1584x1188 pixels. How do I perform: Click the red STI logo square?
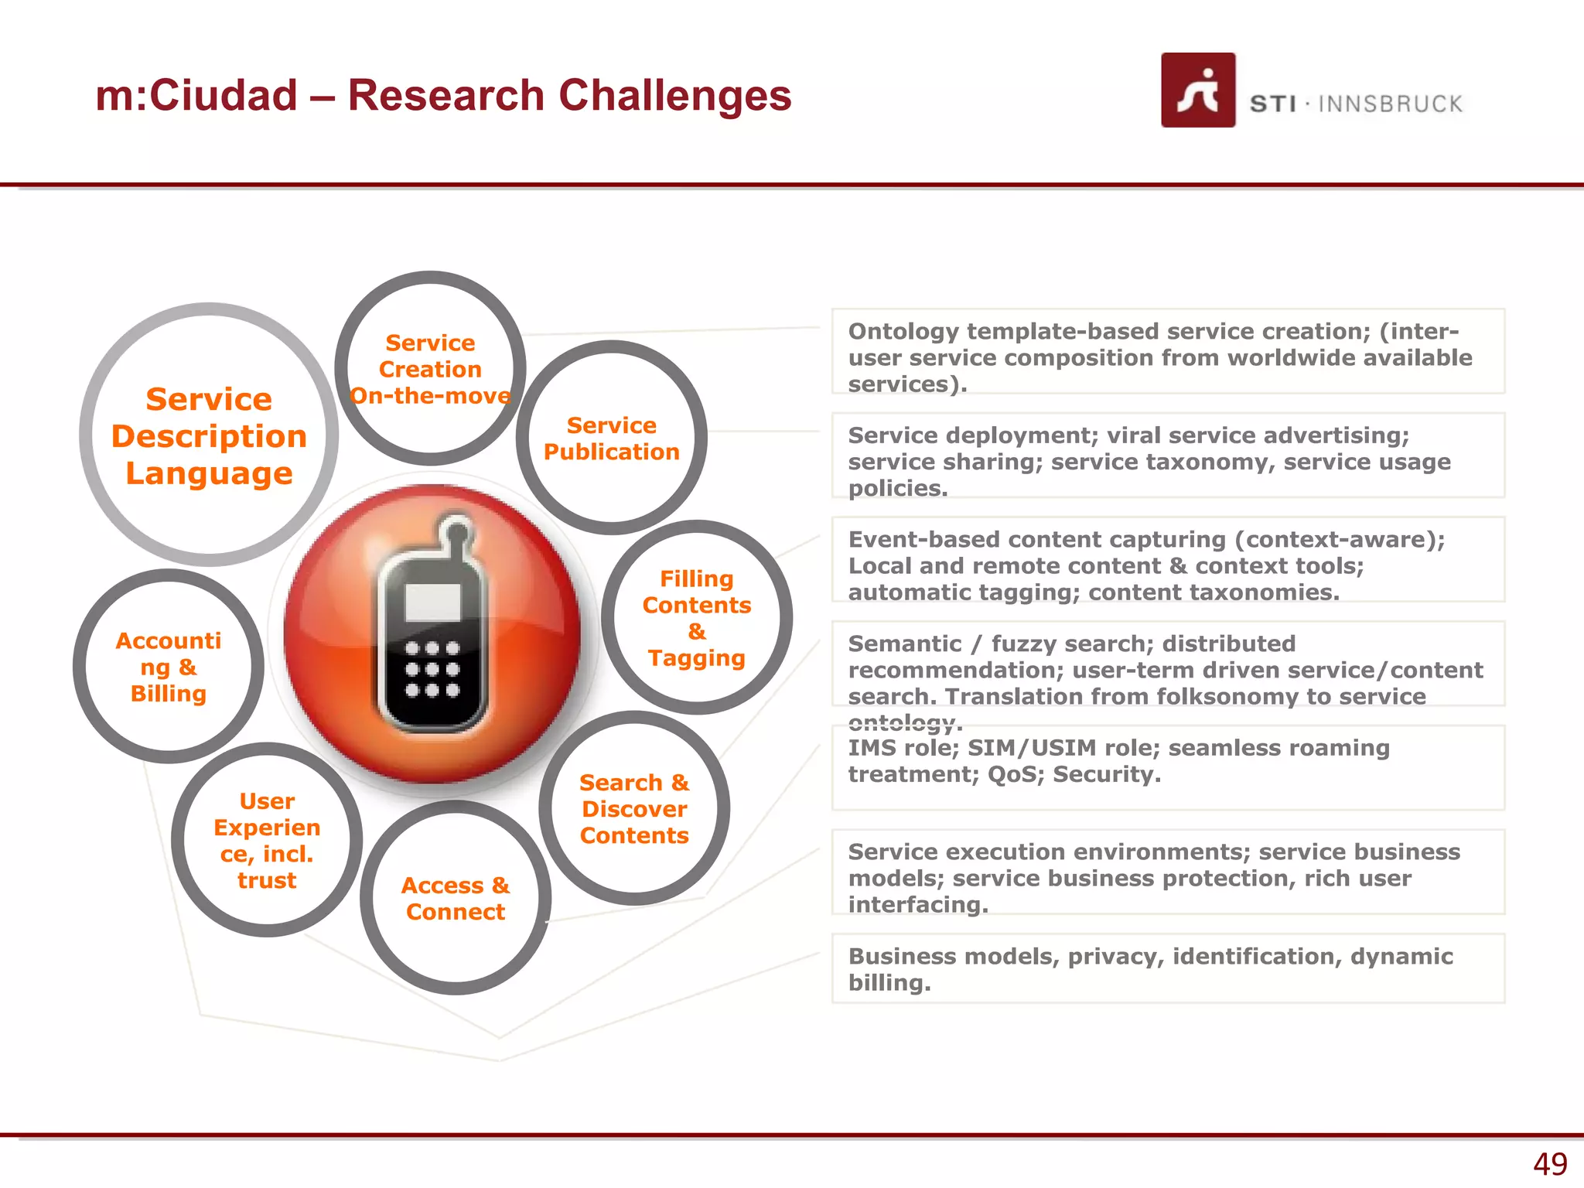1197,90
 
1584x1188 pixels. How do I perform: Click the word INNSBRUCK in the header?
1390,104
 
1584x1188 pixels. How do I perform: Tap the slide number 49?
1549,1163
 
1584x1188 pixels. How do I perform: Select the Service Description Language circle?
209,435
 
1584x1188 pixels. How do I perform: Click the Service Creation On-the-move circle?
431,369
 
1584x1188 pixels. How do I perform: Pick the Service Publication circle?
611,439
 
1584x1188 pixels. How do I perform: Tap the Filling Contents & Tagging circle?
696,618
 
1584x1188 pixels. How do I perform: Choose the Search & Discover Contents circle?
634,808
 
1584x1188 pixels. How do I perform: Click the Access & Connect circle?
456,898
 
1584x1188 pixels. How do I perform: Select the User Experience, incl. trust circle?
267,840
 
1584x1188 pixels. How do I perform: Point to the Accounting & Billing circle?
169,667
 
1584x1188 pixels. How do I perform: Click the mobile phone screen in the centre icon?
433,602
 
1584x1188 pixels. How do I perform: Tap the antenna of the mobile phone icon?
457,534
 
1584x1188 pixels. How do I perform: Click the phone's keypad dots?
432,669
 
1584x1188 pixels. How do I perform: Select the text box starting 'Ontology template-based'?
1167,351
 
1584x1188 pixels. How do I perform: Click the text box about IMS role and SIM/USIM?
1167,766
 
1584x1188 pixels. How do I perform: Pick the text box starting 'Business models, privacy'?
1167,968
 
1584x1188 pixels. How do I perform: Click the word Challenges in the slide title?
674,96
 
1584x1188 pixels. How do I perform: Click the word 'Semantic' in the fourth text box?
904,643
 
